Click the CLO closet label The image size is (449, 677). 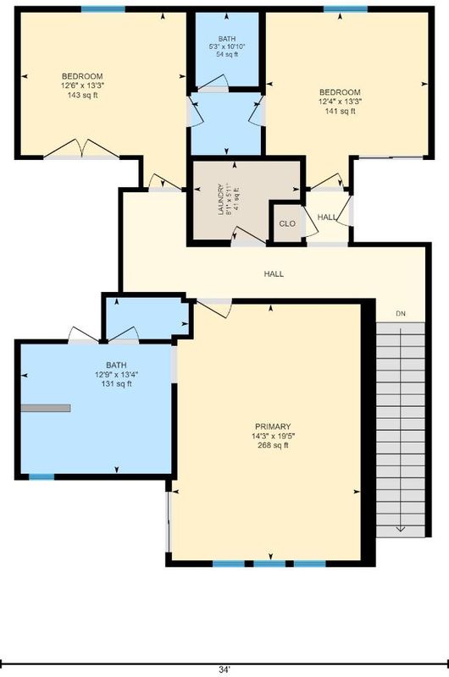(287, 223)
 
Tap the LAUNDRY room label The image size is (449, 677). (221, 199)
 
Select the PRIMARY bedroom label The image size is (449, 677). (273, 427)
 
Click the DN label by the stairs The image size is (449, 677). (401, 314)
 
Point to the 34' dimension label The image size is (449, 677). (224, 669)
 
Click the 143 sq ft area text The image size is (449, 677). (82, 96)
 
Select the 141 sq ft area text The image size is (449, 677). (340, 112)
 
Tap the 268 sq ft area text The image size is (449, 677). (273, 446)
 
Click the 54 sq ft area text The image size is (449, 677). (227, 54)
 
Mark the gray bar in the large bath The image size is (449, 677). (46, 408)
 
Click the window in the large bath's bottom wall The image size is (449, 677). (42, 477)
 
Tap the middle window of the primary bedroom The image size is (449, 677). (269, 564)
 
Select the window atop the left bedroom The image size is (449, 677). (103, 9)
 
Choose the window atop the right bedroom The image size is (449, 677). (346, 9)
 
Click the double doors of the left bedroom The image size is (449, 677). (81, 150)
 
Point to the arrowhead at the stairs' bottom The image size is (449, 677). (400, 530)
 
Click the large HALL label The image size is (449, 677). (274, 273)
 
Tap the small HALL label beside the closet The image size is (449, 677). (327, 217)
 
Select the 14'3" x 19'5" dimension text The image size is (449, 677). (273, 436)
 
